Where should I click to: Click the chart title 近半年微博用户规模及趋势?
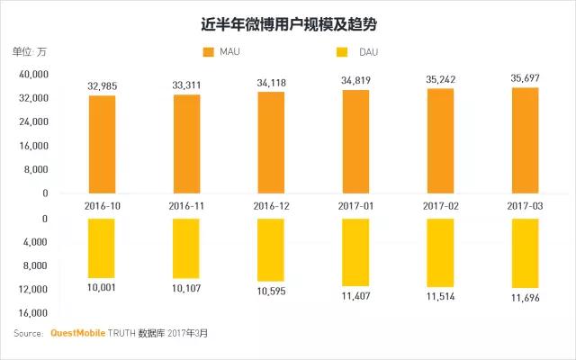click(289, 24)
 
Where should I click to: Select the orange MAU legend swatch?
click(208, 52)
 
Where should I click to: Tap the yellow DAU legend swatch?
click(342, 52)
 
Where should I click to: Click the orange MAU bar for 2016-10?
click(102, 144)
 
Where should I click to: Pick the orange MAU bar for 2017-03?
click(526, 140)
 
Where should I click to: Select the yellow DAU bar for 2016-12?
click(271, 250)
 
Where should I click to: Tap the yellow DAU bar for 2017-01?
click(355, 252)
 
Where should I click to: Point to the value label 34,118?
click(271, 83)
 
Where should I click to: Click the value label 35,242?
click(440, 79)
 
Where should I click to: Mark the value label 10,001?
click(102, 287)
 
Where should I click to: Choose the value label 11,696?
click(526, 298)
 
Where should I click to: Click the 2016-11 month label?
click(186, 206)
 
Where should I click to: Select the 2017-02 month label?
click(440, 206)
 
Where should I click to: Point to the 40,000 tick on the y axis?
click(33, 74)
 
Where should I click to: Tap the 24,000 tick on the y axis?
click(33, 121)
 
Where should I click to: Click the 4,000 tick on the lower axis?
click(35, 242)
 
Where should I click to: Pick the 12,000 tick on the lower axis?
click(33, 290)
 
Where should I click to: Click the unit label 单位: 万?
click(30, 52)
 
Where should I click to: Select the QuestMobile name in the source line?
click(77, 333)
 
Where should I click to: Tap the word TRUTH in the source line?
click(121, 333)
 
